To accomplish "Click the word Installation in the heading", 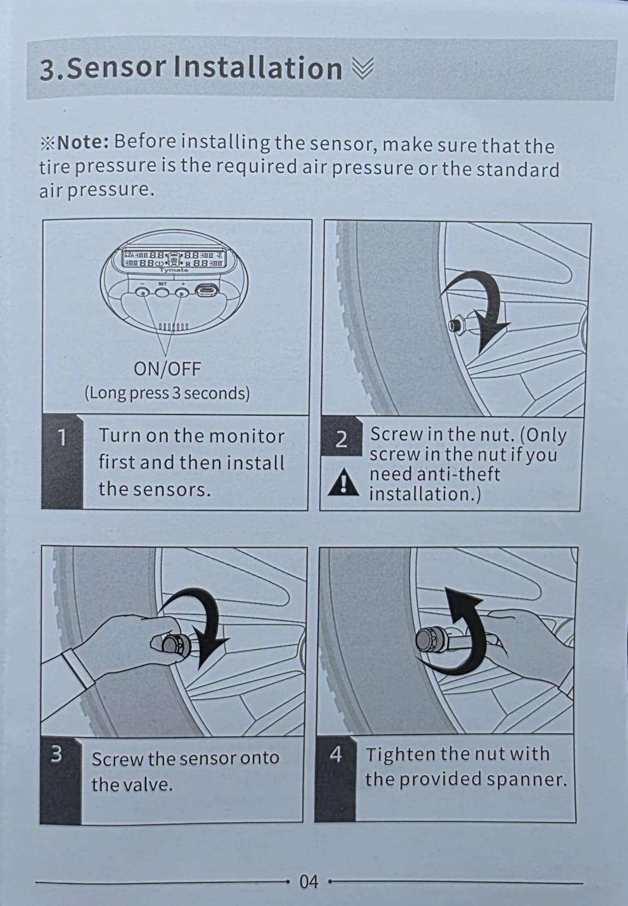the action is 258,68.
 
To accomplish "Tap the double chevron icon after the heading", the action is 363,68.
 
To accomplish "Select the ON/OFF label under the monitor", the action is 167,369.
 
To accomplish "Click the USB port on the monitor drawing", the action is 206,290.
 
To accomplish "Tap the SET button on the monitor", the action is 162,292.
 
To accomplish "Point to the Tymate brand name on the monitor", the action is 174,270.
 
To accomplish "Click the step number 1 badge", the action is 62,437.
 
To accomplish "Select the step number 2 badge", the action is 341,439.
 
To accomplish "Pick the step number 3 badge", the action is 57,754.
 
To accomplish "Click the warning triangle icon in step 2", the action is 343,482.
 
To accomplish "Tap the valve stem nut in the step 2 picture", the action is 456,324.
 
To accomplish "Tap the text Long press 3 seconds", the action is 167,393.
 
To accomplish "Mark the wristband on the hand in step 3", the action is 77,668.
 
